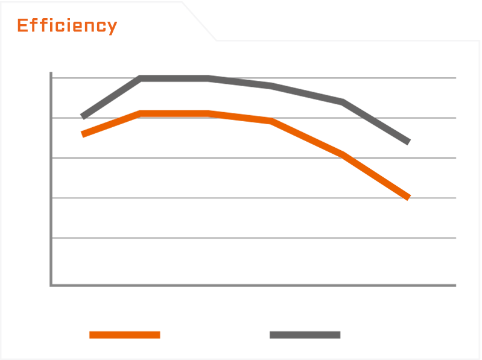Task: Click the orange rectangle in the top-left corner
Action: click(x=67, y=27)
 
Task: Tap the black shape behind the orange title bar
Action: click(x=36, y=15)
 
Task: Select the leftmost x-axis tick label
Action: click(x=84, y=298)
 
